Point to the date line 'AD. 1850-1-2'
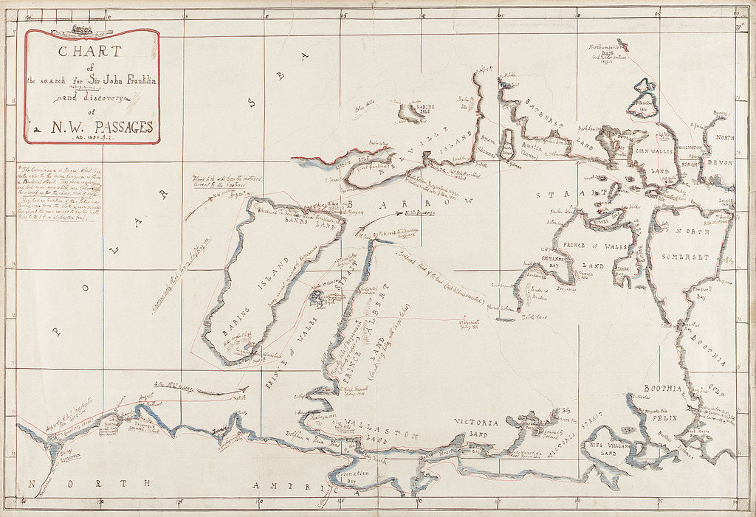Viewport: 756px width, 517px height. (x=93, y=138)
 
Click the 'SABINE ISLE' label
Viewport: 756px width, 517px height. (x=416, y=108)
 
